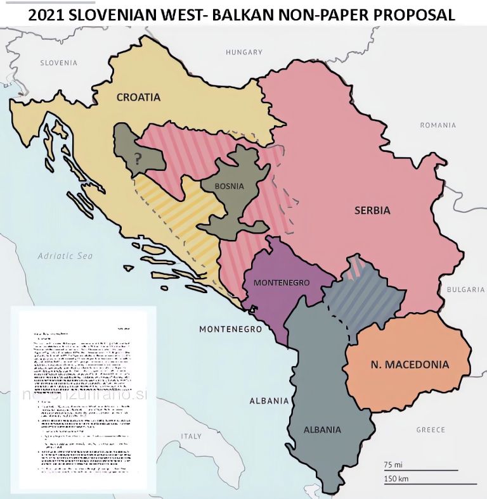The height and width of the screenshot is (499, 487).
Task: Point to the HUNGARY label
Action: click(243, 52)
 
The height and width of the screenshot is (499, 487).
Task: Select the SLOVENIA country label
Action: click(58, 63)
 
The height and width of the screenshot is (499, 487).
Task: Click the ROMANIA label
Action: click(438, 125)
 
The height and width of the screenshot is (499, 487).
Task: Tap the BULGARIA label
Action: click(465, 289)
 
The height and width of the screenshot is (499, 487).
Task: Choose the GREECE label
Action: click(431, 430)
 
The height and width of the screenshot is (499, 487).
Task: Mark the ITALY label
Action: click(191, 436)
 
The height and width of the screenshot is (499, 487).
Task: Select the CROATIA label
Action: click(138, 98)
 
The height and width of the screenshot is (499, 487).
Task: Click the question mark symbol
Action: click(138, 158)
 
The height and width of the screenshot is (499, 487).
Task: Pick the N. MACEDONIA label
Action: click(410, 365)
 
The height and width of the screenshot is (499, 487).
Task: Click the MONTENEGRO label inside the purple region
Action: click(281, 282)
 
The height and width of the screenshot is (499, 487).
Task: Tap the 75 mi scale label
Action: click(394, 464)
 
